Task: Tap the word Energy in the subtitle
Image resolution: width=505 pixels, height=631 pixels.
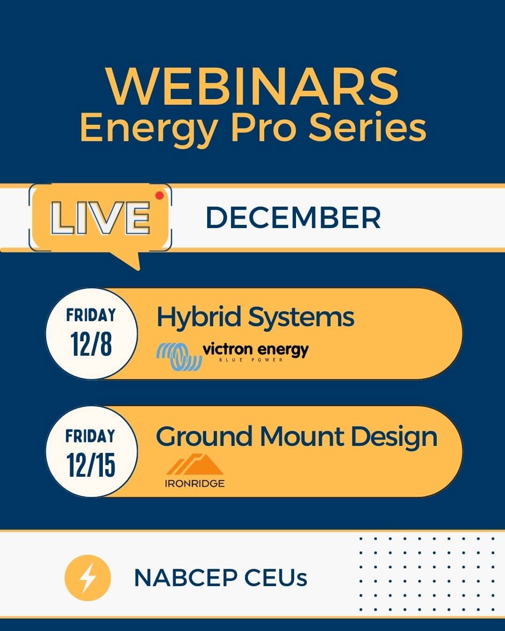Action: pos(149,129)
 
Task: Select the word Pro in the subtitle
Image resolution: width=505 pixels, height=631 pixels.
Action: pos(263,128)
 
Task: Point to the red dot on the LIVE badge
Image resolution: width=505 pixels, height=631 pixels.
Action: pos(159,195)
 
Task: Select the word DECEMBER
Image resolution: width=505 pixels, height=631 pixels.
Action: pos(294,217)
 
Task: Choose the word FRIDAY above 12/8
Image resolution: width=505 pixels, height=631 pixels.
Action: pos(91,315)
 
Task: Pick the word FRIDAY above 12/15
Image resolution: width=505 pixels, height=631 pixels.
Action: pos(90,436)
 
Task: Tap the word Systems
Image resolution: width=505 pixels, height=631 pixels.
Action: pos(301,317)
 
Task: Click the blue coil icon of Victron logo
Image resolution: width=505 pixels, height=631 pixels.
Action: pos(179,357)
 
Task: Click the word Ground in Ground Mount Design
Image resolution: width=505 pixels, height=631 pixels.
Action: pos(204,437)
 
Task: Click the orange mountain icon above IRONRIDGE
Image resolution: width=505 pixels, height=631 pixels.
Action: pos(195,464)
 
